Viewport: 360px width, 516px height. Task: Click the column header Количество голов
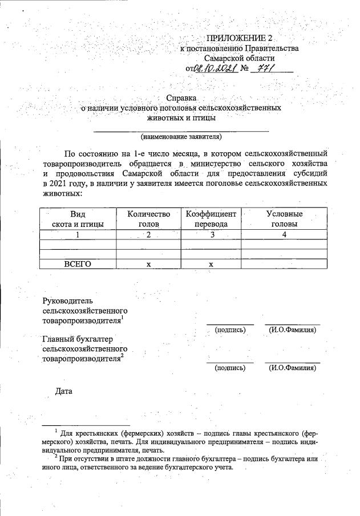(148, 219)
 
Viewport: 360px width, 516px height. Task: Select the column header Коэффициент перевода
(211, 219)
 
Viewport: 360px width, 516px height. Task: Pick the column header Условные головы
(284, 219)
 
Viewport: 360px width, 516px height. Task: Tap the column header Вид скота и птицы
(78, 219)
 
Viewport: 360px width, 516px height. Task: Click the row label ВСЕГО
(78, 264)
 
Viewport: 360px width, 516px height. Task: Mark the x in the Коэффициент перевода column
(211, 264)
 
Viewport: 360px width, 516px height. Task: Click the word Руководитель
(68, 300)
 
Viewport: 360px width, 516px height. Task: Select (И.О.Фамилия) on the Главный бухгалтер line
(292, 368)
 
